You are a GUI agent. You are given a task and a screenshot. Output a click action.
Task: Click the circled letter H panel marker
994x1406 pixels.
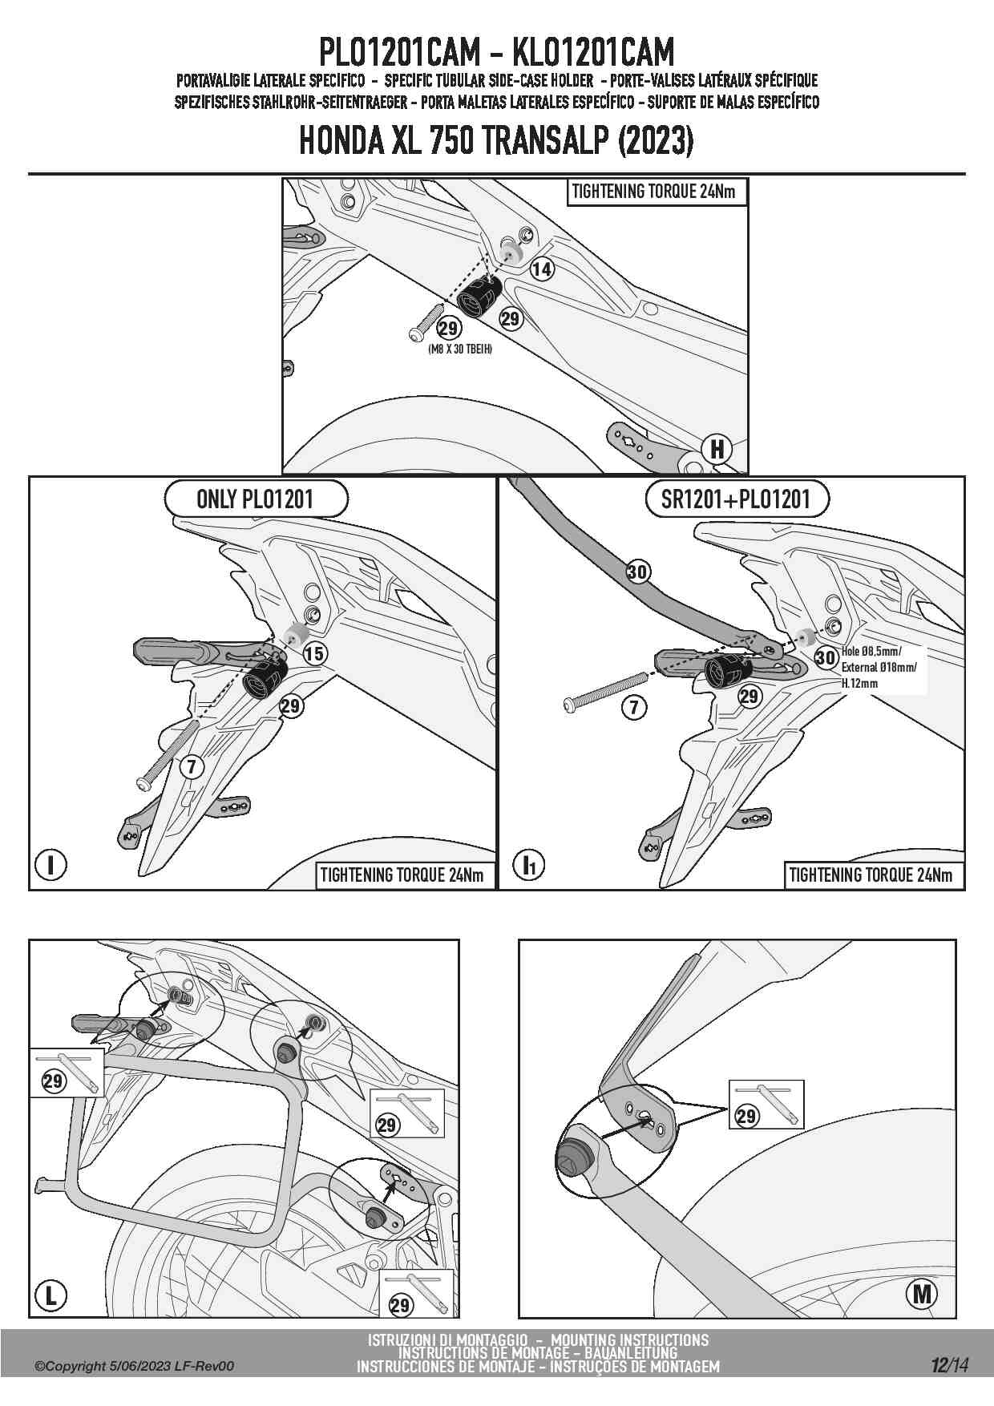click(x=717, y=449)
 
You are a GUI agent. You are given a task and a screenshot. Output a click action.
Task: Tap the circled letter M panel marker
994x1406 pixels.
click(x=922, y=1293)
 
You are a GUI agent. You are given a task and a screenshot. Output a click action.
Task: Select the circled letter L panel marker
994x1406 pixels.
click(x=51, y=1295)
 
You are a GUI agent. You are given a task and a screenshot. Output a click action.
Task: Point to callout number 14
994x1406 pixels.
click(x=542, y=269)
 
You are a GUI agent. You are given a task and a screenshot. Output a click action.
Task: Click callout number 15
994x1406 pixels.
click(x=314, y=653)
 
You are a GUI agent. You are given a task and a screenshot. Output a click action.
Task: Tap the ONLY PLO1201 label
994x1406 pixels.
click(x=256, y=499)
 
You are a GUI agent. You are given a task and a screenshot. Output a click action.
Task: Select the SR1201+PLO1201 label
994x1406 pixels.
click(x=736, y=499)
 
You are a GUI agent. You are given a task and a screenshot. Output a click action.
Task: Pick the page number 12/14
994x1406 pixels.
click(x=950, y=1365)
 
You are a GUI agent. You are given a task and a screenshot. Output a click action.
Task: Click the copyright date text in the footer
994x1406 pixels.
click(x=134, y=1366)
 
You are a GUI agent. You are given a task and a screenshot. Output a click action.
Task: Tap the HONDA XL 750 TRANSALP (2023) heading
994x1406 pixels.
click(x=496, y=142)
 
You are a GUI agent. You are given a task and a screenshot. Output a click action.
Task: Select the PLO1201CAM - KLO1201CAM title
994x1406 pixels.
click(x=496, y=53)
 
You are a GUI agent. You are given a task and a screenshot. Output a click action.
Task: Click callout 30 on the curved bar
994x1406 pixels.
click(x=638, y=572)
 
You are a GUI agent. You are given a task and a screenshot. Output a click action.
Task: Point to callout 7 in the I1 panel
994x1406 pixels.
click(x=634, y=707)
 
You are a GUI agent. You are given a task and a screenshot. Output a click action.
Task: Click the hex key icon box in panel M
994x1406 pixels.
click(x=766, y=1105)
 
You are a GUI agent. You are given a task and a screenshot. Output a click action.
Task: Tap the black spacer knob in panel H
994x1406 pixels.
click(x=479, y=295)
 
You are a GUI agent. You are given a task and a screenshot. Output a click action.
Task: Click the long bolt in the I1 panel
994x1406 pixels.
click(x=606, y=691)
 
